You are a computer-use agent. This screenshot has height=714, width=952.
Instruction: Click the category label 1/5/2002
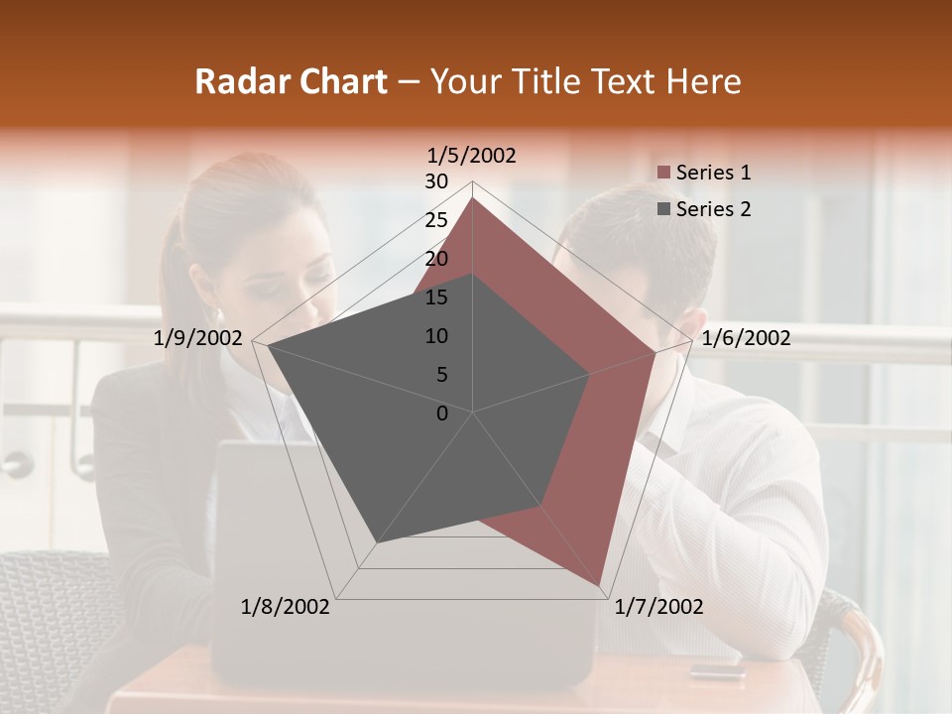[x=471, y=156]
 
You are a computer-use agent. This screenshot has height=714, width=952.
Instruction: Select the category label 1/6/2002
[x=746, y=338]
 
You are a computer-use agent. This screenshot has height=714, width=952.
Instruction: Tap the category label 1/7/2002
[x=658, y=607]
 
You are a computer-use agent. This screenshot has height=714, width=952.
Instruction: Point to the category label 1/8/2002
[x=286, y=607]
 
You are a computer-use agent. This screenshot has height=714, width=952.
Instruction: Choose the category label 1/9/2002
[x=198, y=338]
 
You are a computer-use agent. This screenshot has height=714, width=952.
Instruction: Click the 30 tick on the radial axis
[x=436, y=181]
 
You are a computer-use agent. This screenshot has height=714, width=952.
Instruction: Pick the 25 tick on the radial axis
[x=436, y=220]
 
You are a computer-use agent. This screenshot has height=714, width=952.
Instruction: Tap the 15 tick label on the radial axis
[x=436, y=297]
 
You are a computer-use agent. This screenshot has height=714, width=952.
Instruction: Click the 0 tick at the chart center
[x=442, y=414]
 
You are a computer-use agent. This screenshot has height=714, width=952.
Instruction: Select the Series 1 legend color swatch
[x=663, y=174]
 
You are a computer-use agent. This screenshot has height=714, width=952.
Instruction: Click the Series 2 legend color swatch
[x=663, y=209]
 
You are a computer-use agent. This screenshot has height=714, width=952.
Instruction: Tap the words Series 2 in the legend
[x=713, y=209]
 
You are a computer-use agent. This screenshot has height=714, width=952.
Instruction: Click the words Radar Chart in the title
[x=291, y=81]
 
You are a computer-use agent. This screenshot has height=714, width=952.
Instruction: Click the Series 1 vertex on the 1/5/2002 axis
[x=473, y=197]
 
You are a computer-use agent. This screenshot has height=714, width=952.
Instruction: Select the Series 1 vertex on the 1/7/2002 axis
[x=601, y=586]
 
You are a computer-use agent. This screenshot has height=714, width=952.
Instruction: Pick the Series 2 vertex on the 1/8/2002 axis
[x=376, y=543]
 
